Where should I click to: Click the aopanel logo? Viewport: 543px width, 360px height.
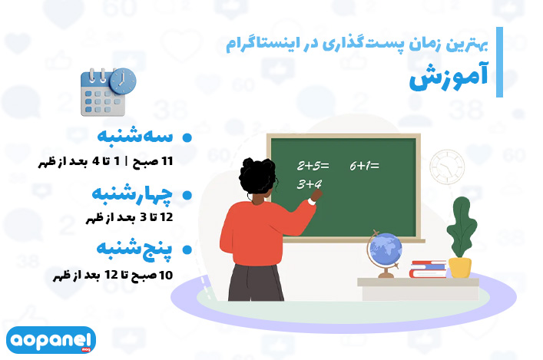(x=51, y=340)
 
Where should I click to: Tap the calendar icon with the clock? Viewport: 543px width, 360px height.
(x=108, y=92)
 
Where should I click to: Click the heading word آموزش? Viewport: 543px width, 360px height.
(x=449, y=77)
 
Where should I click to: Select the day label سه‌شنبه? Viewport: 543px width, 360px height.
(x=134, y=136)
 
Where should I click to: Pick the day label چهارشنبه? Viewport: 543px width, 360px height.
(x=132, y=194)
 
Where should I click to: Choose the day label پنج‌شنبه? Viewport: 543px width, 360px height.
(x=134, y=249)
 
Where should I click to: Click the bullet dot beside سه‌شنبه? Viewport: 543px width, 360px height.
(x=187, y=137)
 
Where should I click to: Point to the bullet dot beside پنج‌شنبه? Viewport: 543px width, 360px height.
(x=187, y=249)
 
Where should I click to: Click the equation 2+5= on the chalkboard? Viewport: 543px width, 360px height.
(x=313, y=166)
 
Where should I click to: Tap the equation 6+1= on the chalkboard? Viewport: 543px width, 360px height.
(x=364, y=166)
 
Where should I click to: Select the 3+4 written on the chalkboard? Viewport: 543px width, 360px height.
(x=309, y=183)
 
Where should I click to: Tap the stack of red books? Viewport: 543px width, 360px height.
(x=428, y=269)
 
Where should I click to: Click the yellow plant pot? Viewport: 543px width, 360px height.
(x=460, y=268)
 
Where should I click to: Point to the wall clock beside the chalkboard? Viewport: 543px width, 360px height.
(x=447, y=167)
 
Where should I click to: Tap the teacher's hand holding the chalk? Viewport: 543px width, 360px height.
(x=316, y=197)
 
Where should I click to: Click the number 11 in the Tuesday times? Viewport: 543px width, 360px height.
(x=167, y=161)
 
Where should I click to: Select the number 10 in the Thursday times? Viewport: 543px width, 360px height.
(x=166, y=276)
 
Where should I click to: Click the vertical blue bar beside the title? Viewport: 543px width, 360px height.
(x=499, y=62)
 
